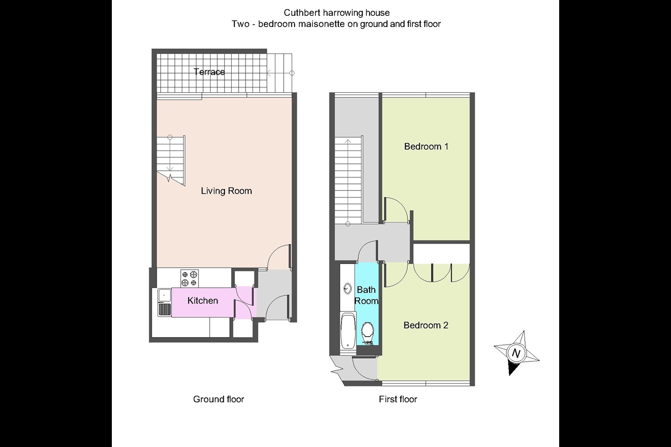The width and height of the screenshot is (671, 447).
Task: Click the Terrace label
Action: pyautogui.click(x=209, y=72)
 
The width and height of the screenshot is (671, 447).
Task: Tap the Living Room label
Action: pyautogui.click(x=226, y=191)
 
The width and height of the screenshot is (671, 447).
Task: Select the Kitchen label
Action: pyautogui.click(x=203, y=301)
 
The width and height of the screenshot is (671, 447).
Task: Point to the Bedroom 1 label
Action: pyautogui.click(x=426, y=146)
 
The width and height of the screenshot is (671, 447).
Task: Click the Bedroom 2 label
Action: pyautogui.click(x=426, y=325)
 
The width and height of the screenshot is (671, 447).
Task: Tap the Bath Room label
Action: pyautogui.click(x=366, y=295)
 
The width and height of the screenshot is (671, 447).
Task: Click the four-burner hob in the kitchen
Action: pyautogui.click(x=189, y=278)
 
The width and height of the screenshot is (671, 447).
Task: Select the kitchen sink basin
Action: pyautogui.click(x=164, y=295)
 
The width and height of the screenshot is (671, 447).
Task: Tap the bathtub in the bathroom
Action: pyautogui.click(x=348, y=331)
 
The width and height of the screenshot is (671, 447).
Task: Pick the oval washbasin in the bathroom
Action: pyautogui.click(x=348, y=289)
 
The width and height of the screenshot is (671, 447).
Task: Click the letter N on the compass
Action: pyautogui.click(x=516, y=353)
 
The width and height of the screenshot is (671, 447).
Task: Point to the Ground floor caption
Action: pyautogui.click(x=219, y=399)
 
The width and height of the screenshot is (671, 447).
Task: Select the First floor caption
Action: pyautogui.click(x=398, y=399)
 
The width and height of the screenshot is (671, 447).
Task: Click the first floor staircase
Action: pyautogui.click(x=349, y=180)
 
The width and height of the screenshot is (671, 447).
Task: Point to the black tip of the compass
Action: pyautogui.click(x=510, y=374)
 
